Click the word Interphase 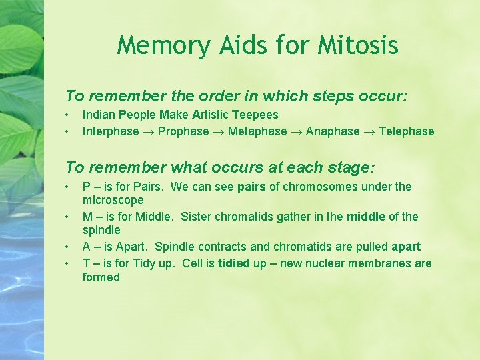[111, 131]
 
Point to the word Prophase [183, 131]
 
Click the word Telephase [406, 131]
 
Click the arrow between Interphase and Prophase [149, 131]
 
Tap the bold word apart [406, 246]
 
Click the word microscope [113, 200]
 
